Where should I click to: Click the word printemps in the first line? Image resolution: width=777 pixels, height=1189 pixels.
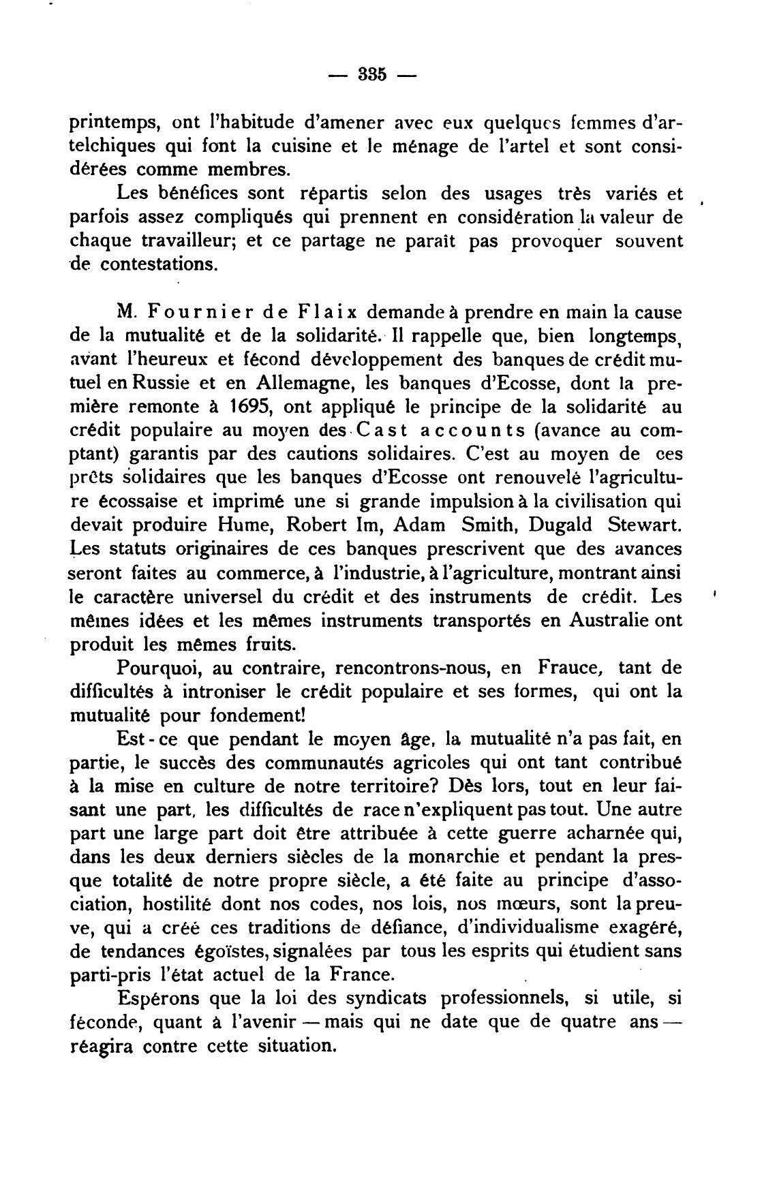pyautogui.click(x=114, y=124)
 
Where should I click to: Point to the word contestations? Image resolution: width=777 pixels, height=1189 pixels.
pyautogui.click(x=159, y=264)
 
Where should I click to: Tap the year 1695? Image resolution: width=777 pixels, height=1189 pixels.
pyautogui.click(x=249, y=407)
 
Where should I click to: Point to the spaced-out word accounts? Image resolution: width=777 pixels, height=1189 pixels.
pyautogui.click(x=472, y=431)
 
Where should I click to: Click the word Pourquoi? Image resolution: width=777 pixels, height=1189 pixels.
pyautogui.click(x=160, y=668)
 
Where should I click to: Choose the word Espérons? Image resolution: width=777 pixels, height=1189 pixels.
pyautogui.click(x=159, y=1000)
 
